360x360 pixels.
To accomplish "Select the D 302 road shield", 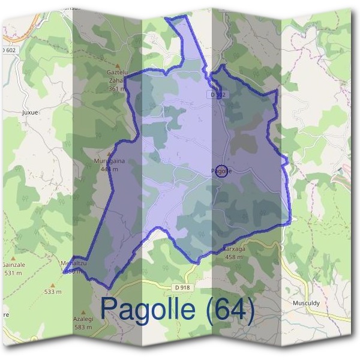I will (217, 95).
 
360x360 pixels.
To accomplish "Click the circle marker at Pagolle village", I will (221, 171).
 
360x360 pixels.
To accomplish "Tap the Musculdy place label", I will (306, 304).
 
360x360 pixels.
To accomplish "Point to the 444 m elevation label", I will (109, 169).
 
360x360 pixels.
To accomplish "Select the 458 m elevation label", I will (233, 257).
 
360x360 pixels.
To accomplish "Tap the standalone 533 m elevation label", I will (53, 292).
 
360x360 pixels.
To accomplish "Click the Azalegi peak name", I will (83, 320).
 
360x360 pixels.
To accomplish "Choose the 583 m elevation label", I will (83, 328).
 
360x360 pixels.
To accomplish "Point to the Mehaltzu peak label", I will (74, 263).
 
